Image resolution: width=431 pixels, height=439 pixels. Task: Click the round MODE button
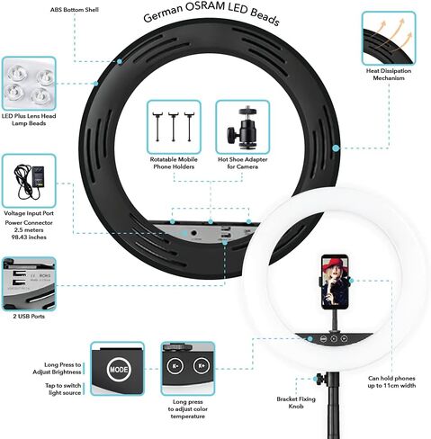click(119, 370)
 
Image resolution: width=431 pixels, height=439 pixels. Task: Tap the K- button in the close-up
click(175, 366)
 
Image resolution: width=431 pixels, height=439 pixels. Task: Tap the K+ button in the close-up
click(202, 366)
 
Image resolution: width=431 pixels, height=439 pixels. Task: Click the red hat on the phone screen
click(334, 265)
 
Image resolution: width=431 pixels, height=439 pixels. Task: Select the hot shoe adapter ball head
click(242, 127)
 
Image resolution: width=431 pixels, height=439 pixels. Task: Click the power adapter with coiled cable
click(29, 181)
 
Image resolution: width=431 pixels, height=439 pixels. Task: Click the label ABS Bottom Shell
click(75, 10)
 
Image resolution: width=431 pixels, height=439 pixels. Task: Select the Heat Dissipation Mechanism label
click(389, 75)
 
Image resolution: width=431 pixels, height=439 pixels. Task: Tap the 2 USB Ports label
click(29, 316)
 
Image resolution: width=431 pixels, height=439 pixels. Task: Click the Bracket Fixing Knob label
click(296, 403)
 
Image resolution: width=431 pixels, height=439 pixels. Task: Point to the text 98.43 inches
click(29, 237)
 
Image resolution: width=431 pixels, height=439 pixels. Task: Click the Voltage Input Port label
click(29, 213)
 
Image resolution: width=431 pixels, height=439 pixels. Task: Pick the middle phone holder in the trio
click(174, 127)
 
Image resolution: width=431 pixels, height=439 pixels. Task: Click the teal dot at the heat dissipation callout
click(336, 148)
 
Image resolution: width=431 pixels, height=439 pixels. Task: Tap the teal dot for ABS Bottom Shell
click(120, 61)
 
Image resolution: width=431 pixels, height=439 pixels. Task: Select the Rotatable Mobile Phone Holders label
click(174, 163)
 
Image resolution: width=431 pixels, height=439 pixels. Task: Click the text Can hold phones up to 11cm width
click(391, 381)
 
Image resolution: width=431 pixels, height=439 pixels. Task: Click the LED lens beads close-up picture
click(29, 84)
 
